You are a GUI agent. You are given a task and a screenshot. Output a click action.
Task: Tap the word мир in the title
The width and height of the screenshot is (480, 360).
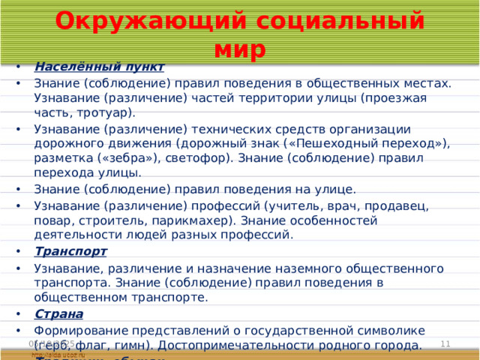(239, 49)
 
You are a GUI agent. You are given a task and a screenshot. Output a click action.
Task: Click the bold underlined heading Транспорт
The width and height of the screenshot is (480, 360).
(70, 251)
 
